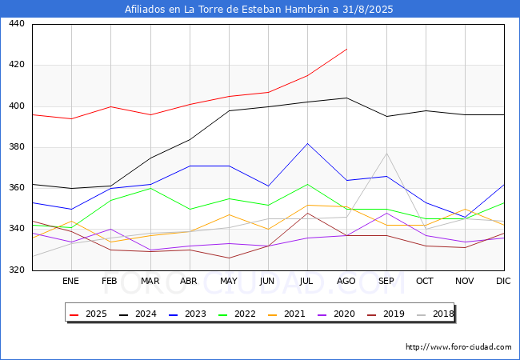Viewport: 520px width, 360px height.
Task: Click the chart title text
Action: pos(259,10)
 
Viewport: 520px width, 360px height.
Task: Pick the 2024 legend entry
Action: pos(142,314)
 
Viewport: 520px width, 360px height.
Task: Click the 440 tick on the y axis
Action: pos(17,24)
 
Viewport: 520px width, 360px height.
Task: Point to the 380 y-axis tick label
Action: pos(17,147)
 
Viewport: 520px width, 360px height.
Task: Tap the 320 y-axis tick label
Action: pos(17,270)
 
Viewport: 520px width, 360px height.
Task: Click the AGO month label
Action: pos(346,282)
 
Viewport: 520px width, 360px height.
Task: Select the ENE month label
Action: pos(70,282)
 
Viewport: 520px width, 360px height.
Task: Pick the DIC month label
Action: pos(503,282)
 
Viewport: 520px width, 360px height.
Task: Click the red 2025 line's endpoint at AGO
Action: pos(346,49)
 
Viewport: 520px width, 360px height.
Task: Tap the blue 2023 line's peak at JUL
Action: pos(307,143)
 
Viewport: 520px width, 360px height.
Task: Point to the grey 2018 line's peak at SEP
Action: pos(386,153)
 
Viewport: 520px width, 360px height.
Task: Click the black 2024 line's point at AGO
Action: pos(346,98)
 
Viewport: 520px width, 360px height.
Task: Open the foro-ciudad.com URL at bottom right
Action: pos(458,347)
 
